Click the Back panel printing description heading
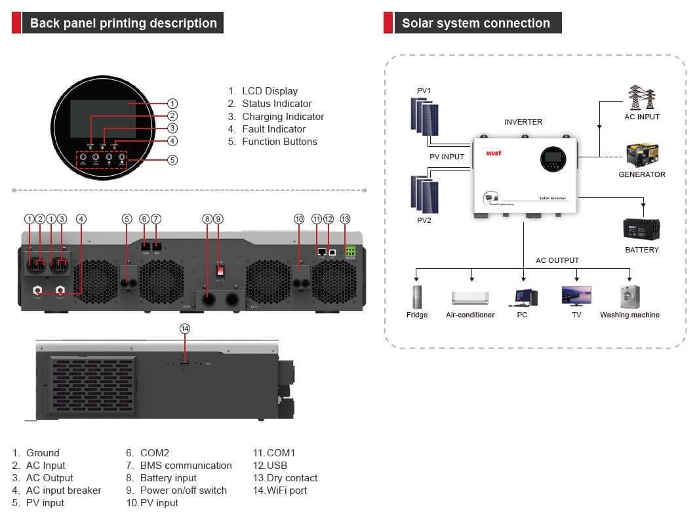pyautogui.click(x=123, y=23)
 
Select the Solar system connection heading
pyautogui.click(x=475, y=23)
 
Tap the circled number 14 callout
pyautogui.click(x=185, y=328)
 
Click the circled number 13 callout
pyautogui.click(x=346, y=218)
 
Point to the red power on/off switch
pyautogui.click(x=221, y=269)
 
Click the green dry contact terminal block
pyautogui.click(x=350, y=251)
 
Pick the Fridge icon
pyautogui.click(x=416, y=297)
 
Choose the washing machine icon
pyautogui.click(x=629, y=296)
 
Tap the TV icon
pyautogui.click(x=576, y=296)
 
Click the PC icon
pyautogui.click(x=522, y=298)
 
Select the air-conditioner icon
pyautogui.click(x=470, y=298)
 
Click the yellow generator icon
pyautogui.click(x=641, y=155)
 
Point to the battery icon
pyautogui.click(x=641, y=229)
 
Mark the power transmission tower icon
pyautogui.click(x=642, y=98)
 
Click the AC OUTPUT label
pyautogui.click(x=557, y=260)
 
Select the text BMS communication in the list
pyautogui.click(x=186, y=466)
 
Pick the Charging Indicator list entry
pyautogui.click(x=283, y=117)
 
